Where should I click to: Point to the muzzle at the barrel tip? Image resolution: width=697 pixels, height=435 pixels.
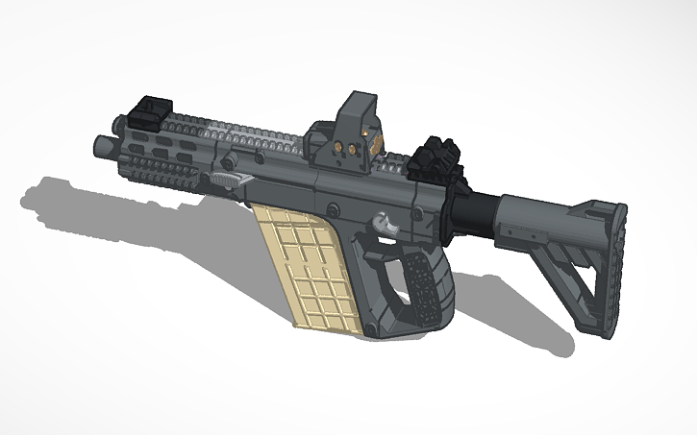[x=100, y=146]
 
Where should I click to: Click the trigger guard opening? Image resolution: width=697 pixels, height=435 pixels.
[x=385, y=274]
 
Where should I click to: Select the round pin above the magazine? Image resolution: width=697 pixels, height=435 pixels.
[x=331, y=207]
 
